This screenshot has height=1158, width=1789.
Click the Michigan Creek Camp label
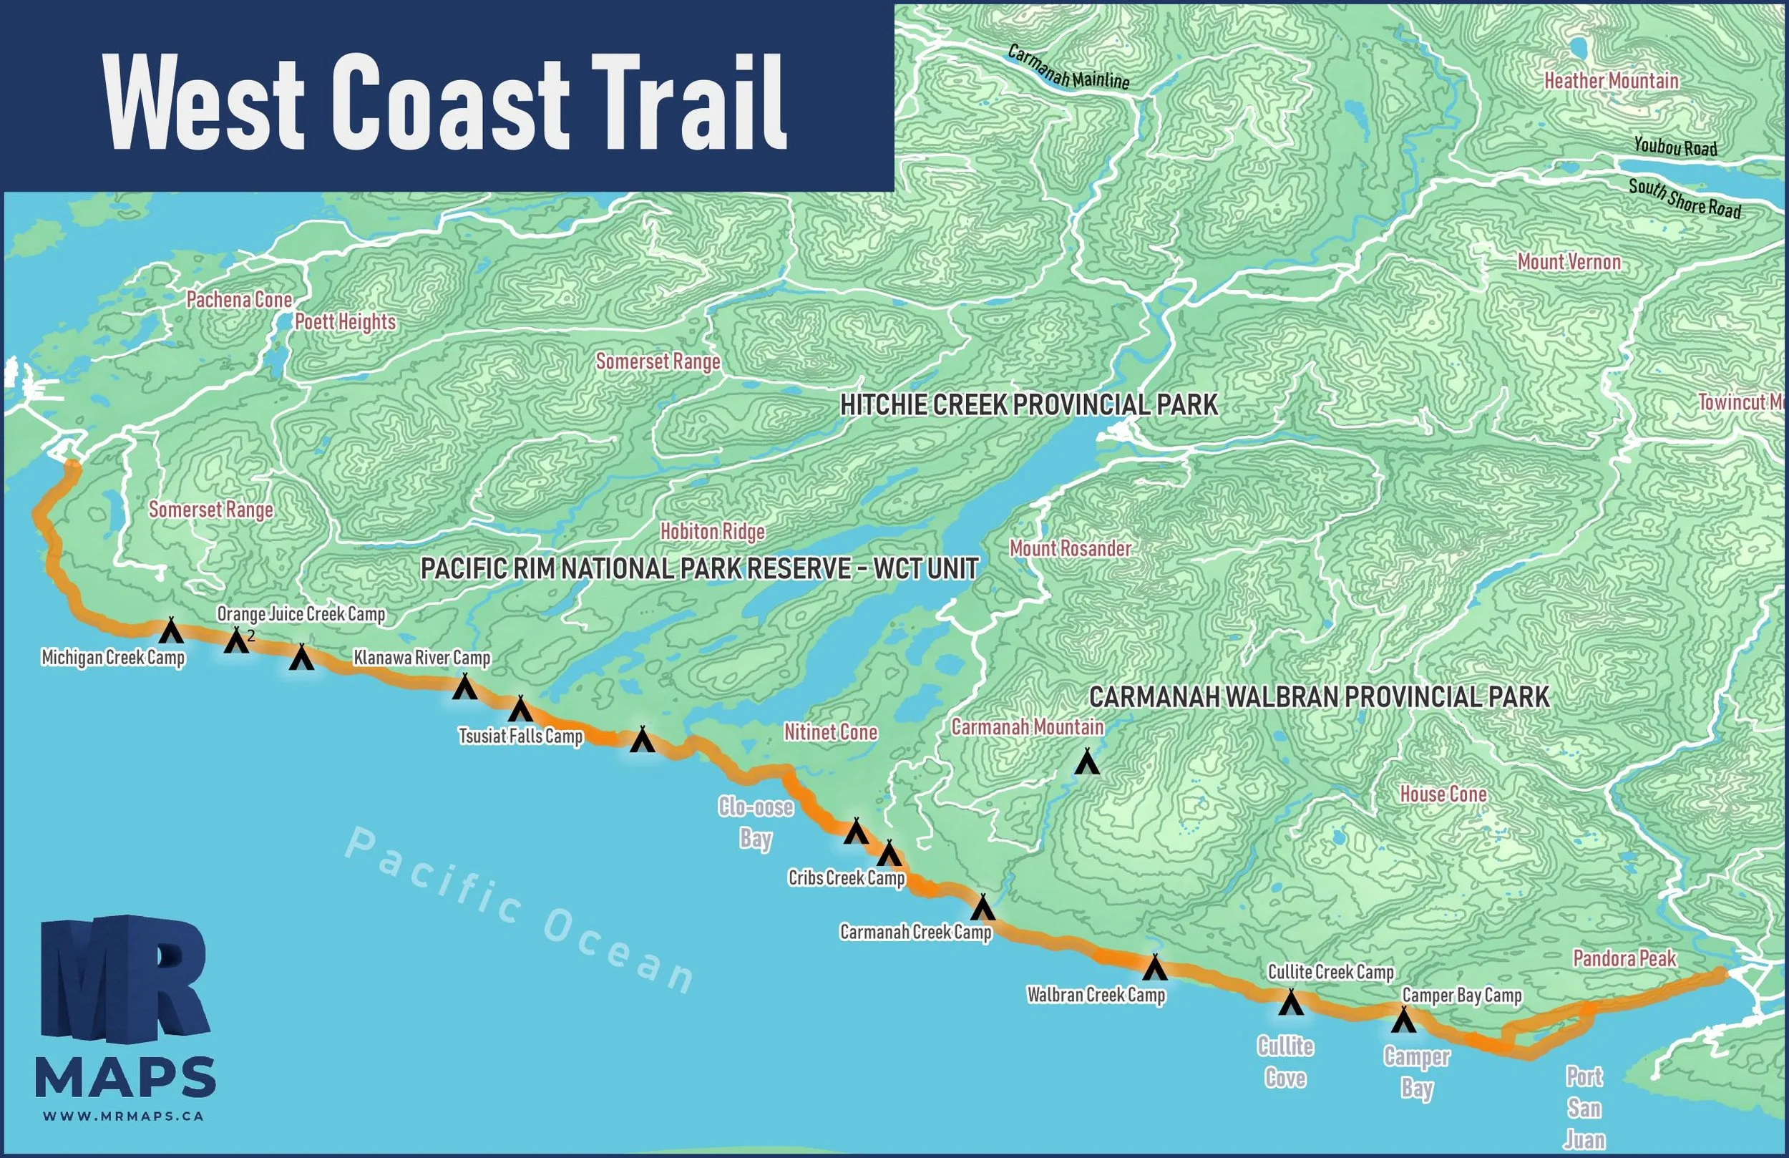tap(113, 658)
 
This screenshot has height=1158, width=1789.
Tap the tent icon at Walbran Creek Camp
tap(1154, 968)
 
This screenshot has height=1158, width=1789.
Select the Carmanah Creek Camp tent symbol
tap(983, 908)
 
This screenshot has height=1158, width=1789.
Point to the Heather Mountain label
tap(1611, 81)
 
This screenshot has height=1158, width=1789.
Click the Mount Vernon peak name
tap(1569, 263)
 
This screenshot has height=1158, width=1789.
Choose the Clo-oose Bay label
tap(756, 822)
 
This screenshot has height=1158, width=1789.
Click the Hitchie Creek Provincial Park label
tap(1028, 405)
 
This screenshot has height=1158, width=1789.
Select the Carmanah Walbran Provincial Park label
tap(1319, 697)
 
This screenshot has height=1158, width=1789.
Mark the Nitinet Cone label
tap(831, 732)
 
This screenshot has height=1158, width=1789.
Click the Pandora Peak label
tap(1624, 959)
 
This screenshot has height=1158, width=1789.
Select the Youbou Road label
tap(1675, 147)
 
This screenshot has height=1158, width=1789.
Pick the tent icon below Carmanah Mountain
tap(1087, 762)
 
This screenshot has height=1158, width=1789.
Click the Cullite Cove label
tap(1285, 1062)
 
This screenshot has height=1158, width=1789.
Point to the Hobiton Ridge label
tap(713, 532)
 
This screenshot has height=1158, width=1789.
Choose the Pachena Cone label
tap(239, 300)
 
